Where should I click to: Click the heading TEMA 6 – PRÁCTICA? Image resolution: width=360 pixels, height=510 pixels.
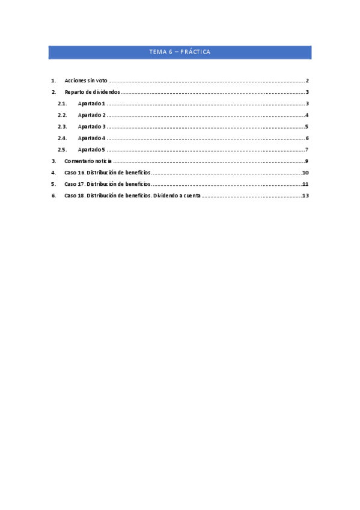(180, 52)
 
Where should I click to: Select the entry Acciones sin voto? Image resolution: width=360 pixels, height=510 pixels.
(86, 81)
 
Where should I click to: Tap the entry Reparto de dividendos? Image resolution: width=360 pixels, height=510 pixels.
(93, 92)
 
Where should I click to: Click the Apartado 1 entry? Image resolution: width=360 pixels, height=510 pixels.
(91, 104)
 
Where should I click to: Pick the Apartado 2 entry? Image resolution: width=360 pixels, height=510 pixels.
(91, 115)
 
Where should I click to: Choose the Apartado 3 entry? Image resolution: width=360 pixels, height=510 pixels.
(91, 126)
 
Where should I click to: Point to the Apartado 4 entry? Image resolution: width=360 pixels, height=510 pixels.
(91, 138)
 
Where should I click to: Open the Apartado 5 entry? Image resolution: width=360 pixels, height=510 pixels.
(91, 150)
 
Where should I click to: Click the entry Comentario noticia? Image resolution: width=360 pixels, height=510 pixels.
(88, 161)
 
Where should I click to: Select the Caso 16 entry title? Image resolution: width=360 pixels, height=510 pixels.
(107, 173)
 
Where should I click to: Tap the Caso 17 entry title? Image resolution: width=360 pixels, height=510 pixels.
(107, 184)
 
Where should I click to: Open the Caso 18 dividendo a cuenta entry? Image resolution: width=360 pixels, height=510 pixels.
(132, 195)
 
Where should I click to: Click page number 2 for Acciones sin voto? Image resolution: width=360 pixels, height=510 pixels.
(307, 81)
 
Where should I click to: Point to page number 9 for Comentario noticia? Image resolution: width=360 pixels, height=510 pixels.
(307, 161)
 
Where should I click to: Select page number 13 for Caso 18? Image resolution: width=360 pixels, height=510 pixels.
(305, 195)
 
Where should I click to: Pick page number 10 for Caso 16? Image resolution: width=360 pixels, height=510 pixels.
(305, 173)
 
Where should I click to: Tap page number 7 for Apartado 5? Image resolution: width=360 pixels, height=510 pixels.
(307, 150)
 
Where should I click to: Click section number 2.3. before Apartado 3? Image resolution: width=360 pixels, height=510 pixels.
(62, 126)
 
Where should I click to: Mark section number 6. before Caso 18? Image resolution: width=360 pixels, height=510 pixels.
(53, 195)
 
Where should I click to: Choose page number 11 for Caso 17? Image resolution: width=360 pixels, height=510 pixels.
(305, 184)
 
